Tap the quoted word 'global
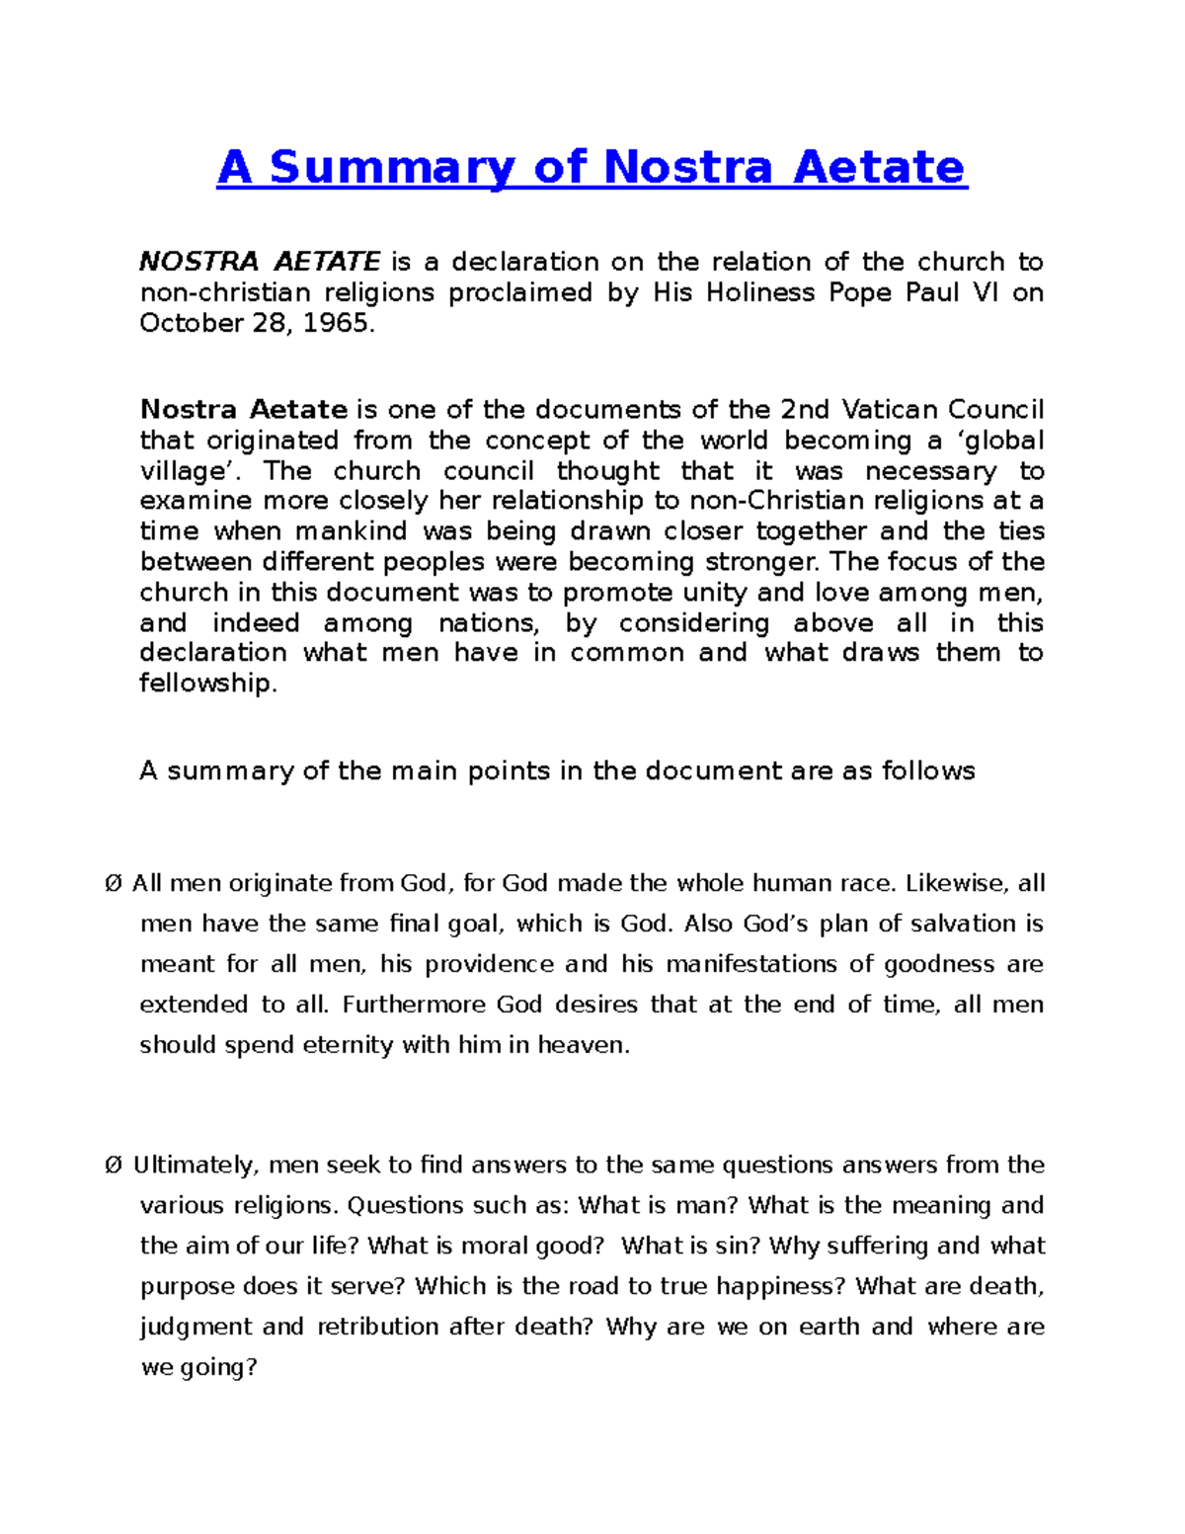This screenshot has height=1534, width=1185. click(x=1003, y=441)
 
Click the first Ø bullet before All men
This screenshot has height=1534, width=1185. click(x=113, y=884)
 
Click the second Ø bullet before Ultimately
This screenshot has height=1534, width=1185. click(x=113, y=1166)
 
